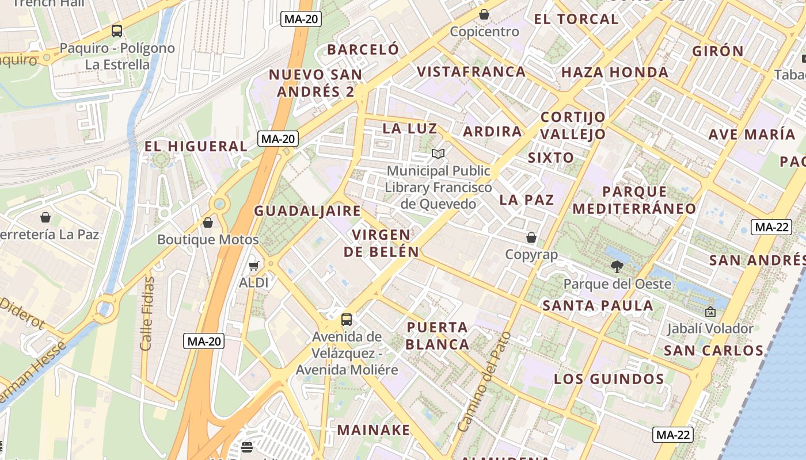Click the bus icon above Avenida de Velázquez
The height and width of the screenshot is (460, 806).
click(346, 320)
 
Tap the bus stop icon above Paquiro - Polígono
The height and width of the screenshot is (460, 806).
click(117, 31)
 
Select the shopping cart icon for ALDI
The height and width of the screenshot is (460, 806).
click(253, 266)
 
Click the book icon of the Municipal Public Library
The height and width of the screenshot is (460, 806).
click(438, 154)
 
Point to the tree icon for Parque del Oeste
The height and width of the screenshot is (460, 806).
click(617, 266)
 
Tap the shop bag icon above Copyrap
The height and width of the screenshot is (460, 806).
click(531, 237)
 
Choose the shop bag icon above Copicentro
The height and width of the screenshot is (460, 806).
click(484, 14)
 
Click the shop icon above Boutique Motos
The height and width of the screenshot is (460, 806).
click(208, 223)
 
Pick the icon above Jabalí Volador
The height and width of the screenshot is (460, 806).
click(710, 312)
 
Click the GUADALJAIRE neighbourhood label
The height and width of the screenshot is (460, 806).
click(307, 211)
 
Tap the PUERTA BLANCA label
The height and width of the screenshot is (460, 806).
click(438, 336)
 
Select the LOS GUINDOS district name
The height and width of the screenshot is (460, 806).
click(609, 379)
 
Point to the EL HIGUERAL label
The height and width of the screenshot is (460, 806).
click(196, 147)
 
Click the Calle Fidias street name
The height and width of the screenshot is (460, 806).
click(147, 314)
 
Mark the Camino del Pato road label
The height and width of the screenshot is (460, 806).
click(484, 382)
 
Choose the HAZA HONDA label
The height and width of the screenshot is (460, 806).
click(615, 72)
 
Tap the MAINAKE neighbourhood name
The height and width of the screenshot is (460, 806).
click(374, 430)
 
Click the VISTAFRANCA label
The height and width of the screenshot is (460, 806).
click(471, 72)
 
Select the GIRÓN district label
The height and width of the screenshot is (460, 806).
click(718, 51)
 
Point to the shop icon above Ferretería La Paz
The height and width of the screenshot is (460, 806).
click(45, 217)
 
